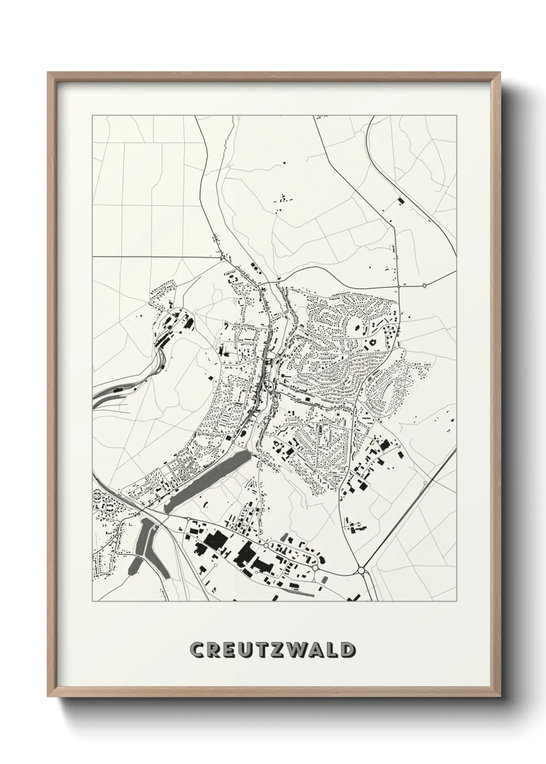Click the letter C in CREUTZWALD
(x=197, y=649)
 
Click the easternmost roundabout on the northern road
(x=424, y=285)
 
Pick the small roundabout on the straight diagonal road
(x=424, y=483)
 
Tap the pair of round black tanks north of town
(x=254, y=265)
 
